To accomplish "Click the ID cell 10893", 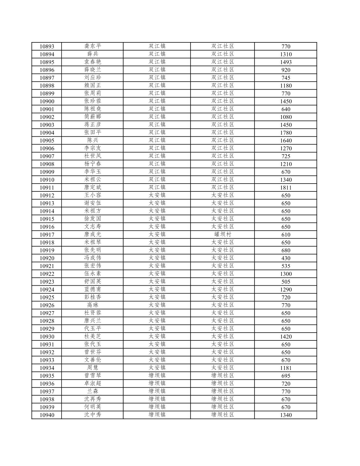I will [x=47, y=46].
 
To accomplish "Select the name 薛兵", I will [x=93, y=54].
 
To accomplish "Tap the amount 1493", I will [x=286, y=62].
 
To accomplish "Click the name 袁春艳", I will [x=93, y=62].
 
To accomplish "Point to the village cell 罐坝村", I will [x=223, y=234].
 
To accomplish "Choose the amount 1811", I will [x=286, y=188].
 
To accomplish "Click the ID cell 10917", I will [x=47, y=234].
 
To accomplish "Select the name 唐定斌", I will [x=93, y=188].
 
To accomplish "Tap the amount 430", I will [x=286, y=258].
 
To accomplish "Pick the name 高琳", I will [x=93, y=305].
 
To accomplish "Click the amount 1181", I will [x=286, y=368].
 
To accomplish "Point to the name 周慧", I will [x=93, y=368].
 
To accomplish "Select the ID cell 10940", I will [x=47, y=415].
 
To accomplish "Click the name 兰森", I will [x=93, y=391].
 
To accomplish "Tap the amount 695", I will [x=286, y=376].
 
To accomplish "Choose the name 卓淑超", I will [x=93, y=383].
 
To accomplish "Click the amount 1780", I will [x=286, y=133].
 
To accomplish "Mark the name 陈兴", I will [x=93, y=141].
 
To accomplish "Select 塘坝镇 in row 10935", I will [x=157, y=376].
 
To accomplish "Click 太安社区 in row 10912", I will [x=223, y=195].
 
